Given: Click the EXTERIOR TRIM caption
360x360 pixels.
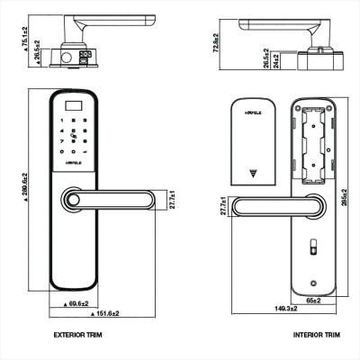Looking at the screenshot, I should tap(82, 334).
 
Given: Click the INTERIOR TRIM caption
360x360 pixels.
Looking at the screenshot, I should tap(316, 334).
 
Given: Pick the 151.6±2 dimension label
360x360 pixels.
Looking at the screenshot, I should tap(108, 314).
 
